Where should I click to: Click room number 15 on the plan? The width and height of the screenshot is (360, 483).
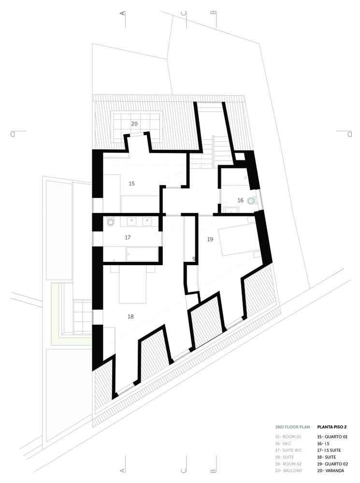[x=131, y=184]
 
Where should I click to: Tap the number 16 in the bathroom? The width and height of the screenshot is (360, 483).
[x=241, y=200]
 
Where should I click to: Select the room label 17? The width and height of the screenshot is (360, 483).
[x=128, y=238]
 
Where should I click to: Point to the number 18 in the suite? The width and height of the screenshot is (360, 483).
[x=130, y=316]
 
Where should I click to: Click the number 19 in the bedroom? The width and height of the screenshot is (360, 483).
[x=210, y=239]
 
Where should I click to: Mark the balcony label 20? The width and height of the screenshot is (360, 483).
[x=134, y=124]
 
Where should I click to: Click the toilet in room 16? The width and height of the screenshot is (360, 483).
[x=251, y=200]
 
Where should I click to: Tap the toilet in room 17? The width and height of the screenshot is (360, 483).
[x=110, y=222]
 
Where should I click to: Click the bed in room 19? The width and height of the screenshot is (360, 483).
[x=237, y=242]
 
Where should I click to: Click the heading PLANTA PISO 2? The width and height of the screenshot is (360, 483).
[x=332, y=427]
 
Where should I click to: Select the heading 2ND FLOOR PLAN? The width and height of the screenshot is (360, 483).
[x=292, y=427]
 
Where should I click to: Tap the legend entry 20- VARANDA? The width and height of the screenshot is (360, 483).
[x=331, y=470]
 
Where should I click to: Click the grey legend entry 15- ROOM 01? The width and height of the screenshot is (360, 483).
[x=288, y=437]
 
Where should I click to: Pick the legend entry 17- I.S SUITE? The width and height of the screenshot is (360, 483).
[x=329, y=450]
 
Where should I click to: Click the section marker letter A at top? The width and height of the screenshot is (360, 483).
[x=123, y=13]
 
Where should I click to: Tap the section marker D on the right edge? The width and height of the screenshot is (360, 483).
[x=349, y=134]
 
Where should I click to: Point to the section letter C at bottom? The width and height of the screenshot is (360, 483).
[x=184, y=470]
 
